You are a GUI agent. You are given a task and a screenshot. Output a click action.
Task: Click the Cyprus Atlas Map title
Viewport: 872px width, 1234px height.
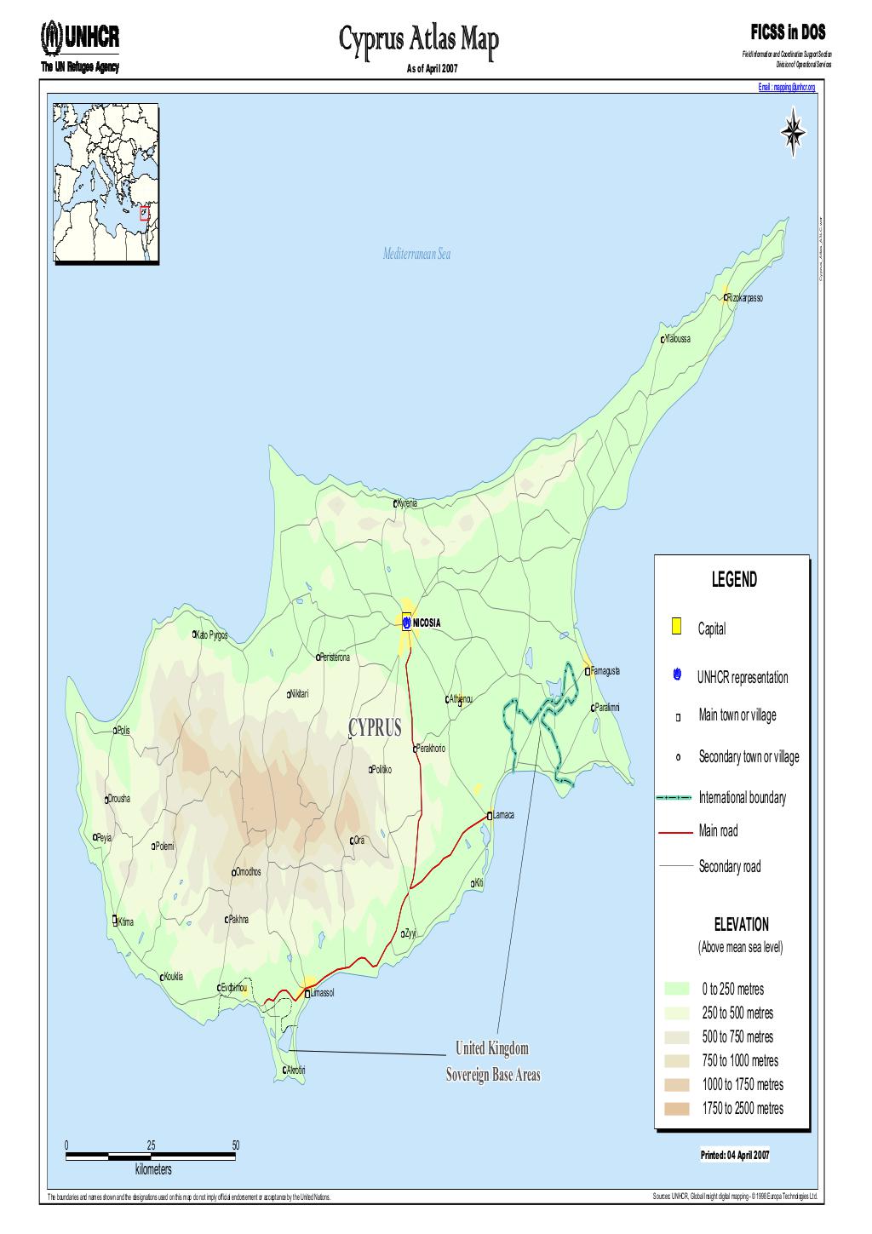coord(417,38)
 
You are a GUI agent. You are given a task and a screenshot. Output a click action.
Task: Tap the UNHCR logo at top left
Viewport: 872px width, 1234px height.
coord(80,37)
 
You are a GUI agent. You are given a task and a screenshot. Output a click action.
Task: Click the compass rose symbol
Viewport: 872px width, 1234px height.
coord(794,133)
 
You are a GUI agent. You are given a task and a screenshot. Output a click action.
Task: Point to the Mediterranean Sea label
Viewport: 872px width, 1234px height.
coord(416,255)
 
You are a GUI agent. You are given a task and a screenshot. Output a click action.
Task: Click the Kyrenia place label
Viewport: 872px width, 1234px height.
coord(408,503)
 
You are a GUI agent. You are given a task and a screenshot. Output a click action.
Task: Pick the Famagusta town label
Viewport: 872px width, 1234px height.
coord(605,671)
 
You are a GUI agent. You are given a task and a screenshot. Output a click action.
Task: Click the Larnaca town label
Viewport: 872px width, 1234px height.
coord(503,815)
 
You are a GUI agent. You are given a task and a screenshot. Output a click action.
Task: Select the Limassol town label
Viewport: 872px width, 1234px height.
coord(322,993)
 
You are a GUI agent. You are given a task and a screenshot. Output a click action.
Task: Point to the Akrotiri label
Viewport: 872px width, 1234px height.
coord(295,1070)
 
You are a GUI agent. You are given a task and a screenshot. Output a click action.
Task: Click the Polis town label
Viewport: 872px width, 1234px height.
coord(123,731)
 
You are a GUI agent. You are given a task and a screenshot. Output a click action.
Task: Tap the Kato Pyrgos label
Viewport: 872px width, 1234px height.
coord(213,635)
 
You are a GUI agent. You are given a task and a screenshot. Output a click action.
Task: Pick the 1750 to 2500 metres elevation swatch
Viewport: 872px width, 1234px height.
coord(676,1108)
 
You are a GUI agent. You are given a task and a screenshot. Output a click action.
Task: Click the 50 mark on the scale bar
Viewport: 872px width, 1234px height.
coord(236,1145)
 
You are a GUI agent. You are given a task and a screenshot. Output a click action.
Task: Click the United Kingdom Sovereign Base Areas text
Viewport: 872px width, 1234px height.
coord(493,1061)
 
